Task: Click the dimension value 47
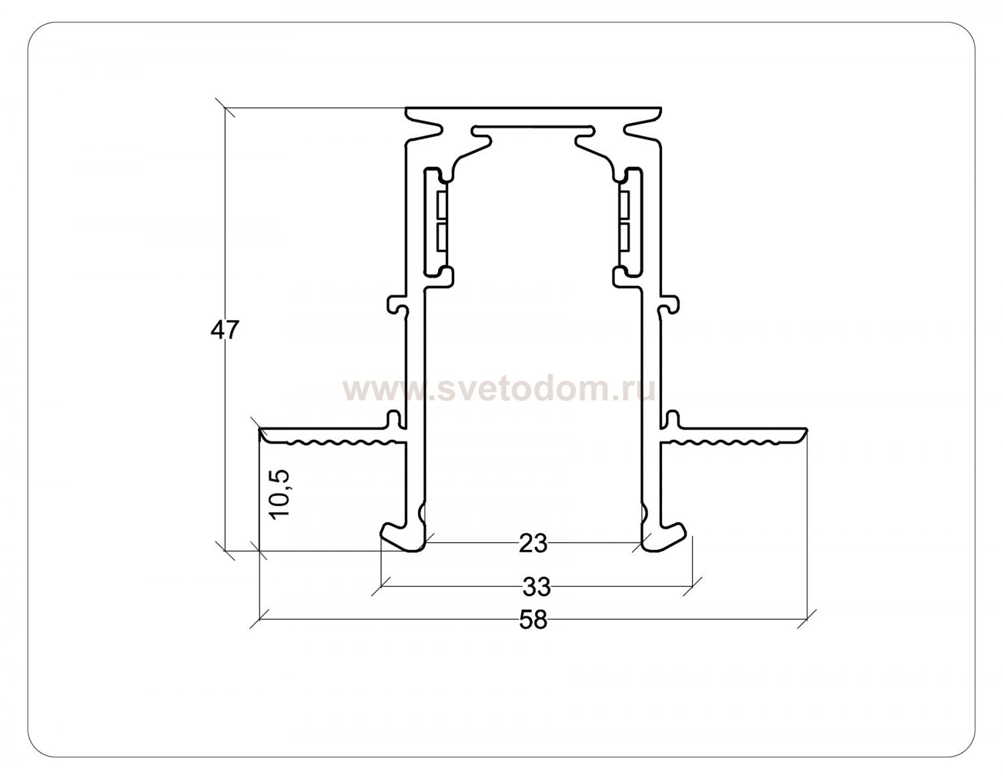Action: point(225,330)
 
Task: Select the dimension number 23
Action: point(533,543)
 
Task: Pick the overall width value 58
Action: point(533,620)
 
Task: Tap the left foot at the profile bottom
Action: point(403,537)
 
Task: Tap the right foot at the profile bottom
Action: point(664,537)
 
